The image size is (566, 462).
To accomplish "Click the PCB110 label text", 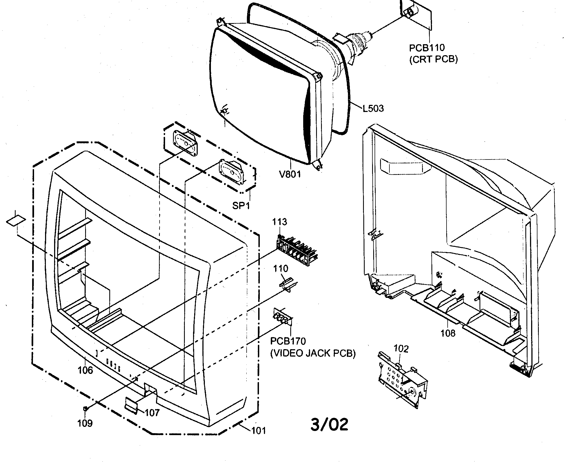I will click(426, 47).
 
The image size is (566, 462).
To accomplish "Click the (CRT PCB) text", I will click(433, 59).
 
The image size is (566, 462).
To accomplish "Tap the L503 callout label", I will click(373, 108).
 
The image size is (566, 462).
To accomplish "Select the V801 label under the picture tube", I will click(290, 174).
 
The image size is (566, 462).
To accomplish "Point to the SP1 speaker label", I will click(241, 205).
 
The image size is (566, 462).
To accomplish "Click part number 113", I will click(280, 222).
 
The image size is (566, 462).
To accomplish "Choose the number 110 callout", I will click(280, 268).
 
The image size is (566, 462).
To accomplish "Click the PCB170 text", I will click(288, 341).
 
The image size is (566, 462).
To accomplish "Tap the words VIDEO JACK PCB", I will click(313, 353).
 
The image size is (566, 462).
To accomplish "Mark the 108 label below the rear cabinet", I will click(448, 333).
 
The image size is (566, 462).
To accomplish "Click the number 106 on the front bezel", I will click(85, 370).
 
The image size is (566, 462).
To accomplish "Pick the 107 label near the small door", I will click(152, 413).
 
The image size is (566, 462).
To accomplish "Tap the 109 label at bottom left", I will click(85, 423).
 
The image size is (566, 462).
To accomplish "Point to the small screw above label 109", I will click(85, 409).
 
